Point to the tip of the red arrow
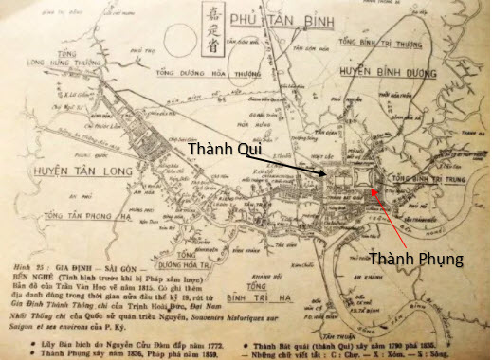pyautogui.click(x=374, y=189)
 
